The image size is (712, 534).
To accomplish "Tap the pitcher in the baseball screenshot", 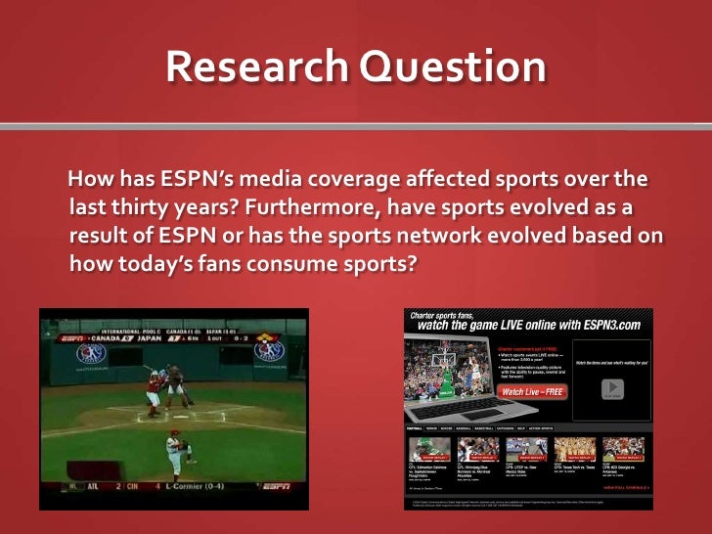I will click(176, 449).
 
